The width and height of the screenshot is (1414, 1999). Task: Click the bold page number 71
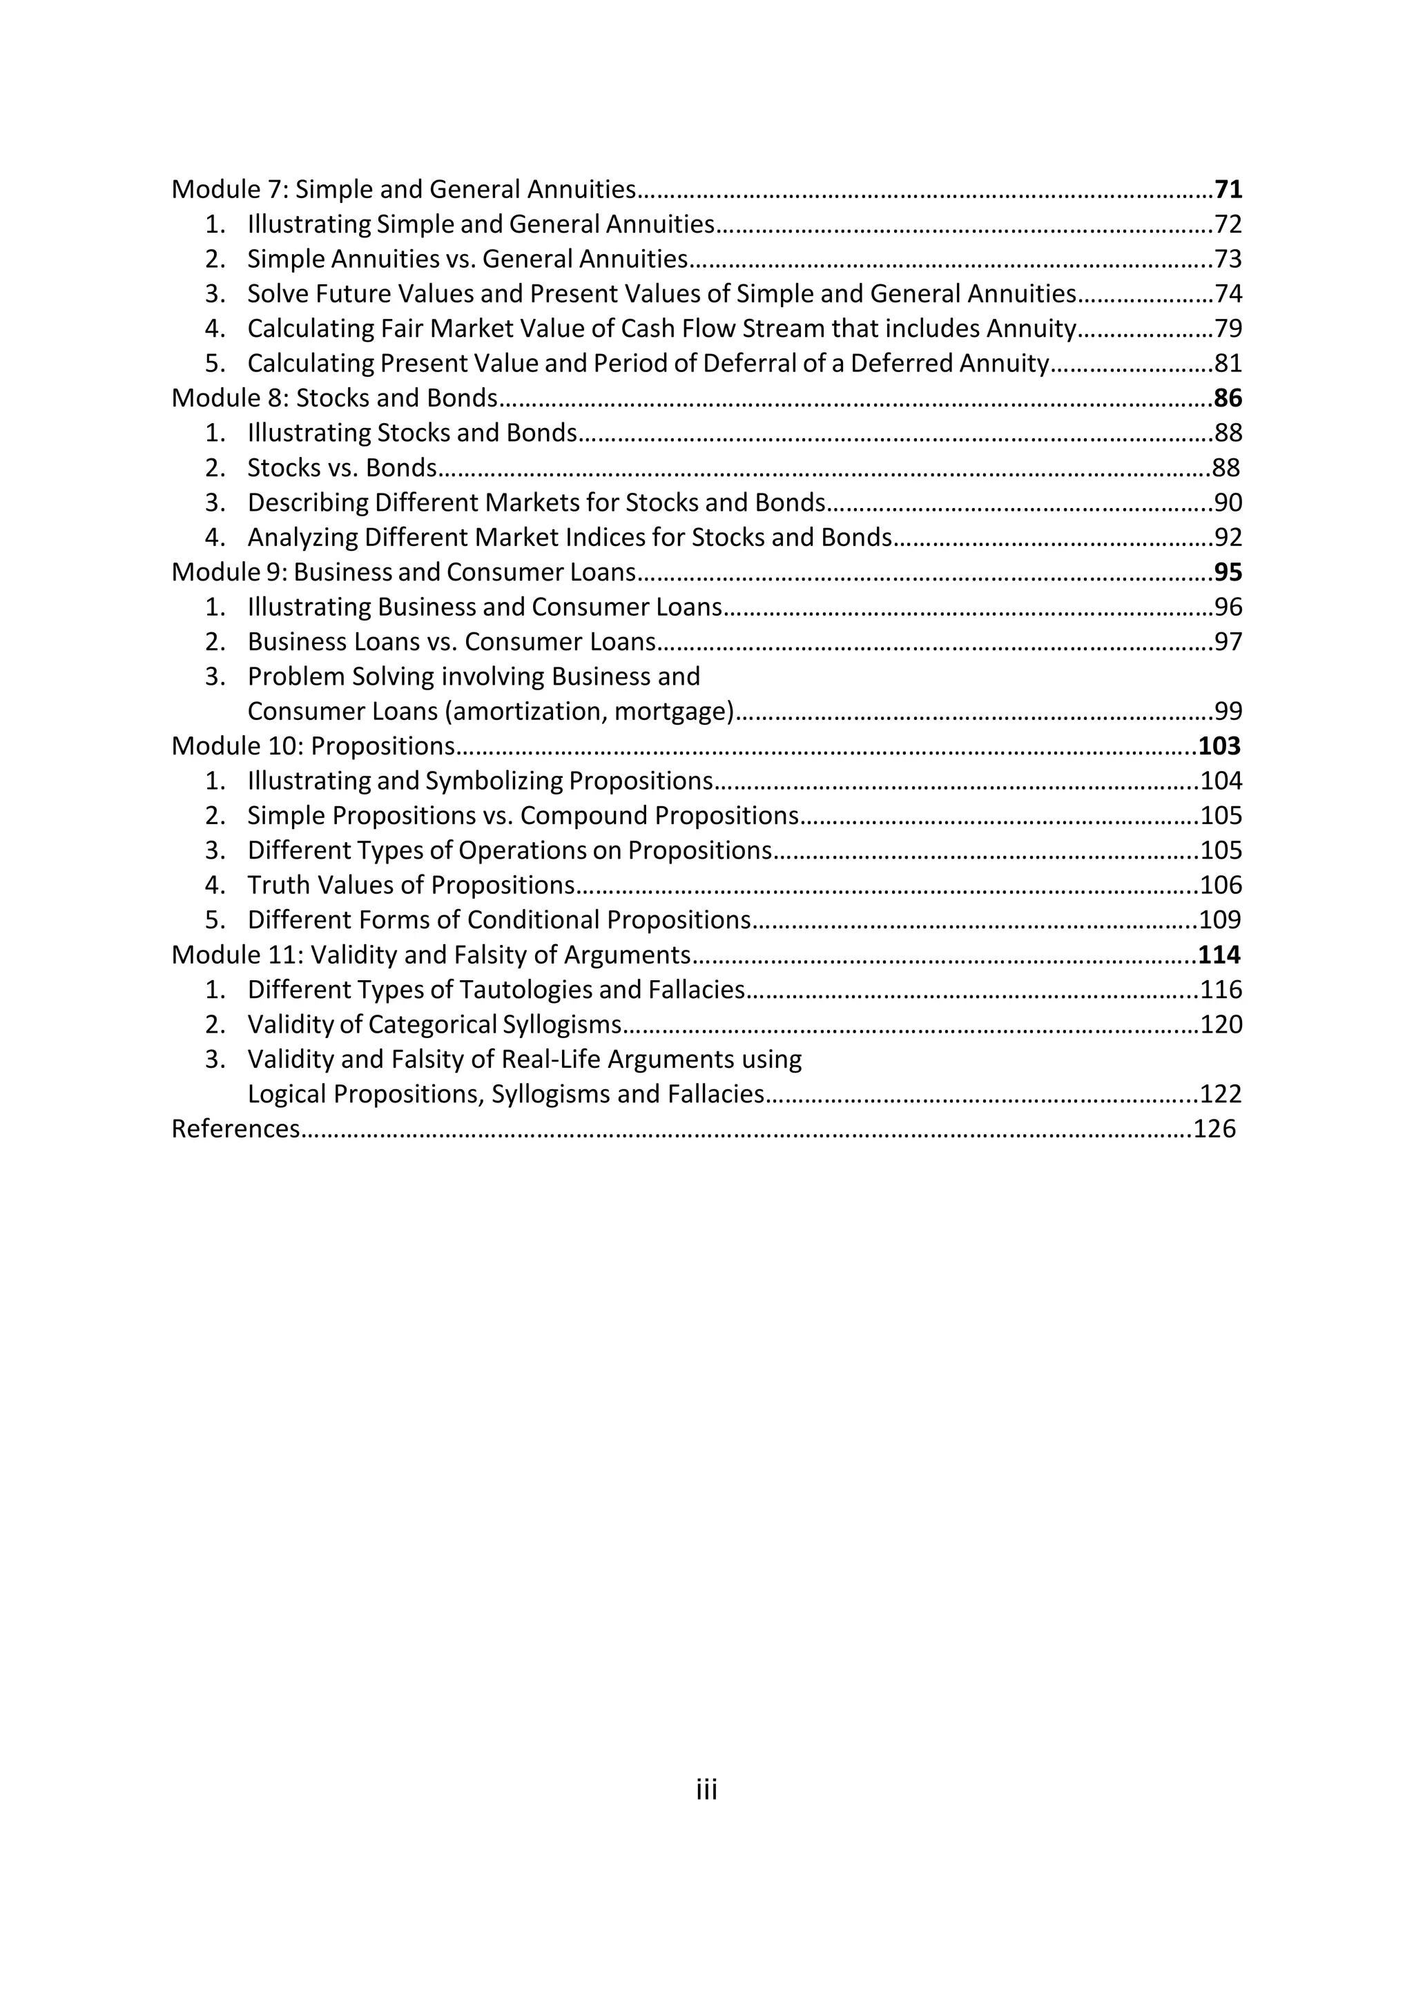pyautogui.click(x=1228, y=190)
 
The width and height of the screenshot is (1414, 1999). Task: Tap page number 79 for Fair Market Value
pyautogui.click(x=1228, y=329)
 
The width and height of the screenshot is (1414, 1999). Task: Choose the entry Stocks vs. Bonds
pyautogui.click(x=341, y=469)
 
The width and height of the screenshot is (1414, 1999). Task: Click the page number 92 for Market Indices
pyautogui.click(x=1228, y=538)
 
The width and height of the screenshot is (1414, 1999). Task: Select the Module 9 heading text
pyautogui.click(x=403, y=573)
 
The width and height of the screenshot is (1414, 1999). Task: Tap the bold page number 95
pyautogui.click(x=1228, y=573)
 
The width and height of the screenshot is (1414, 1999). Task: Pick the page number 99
pyautogui.click(x=1228, y=712)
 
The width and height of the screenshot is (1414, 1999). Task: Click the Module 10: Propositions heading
pyautogui.click(x=313, y=747)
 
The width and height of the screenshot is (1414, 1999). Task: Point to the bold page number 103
pyautogui.click(x=1219, y=747)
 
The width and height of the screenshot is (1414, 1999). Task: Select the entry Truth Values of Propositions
pyautogui.click(x=411, y=886)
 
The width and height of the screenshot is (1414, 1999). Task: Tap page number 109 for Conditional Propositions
pyautogui.click(x=1221, y=920)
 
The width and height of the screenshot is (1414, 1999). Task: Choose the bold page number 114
pyautogui.click(x=1219, y=955)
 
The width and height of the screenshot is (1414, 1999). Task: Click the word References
pyautogui.click(x=235, y=1129)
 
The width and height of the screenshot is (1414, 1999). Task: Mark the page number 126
pyautogui.click(x=1214, y=1129)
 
